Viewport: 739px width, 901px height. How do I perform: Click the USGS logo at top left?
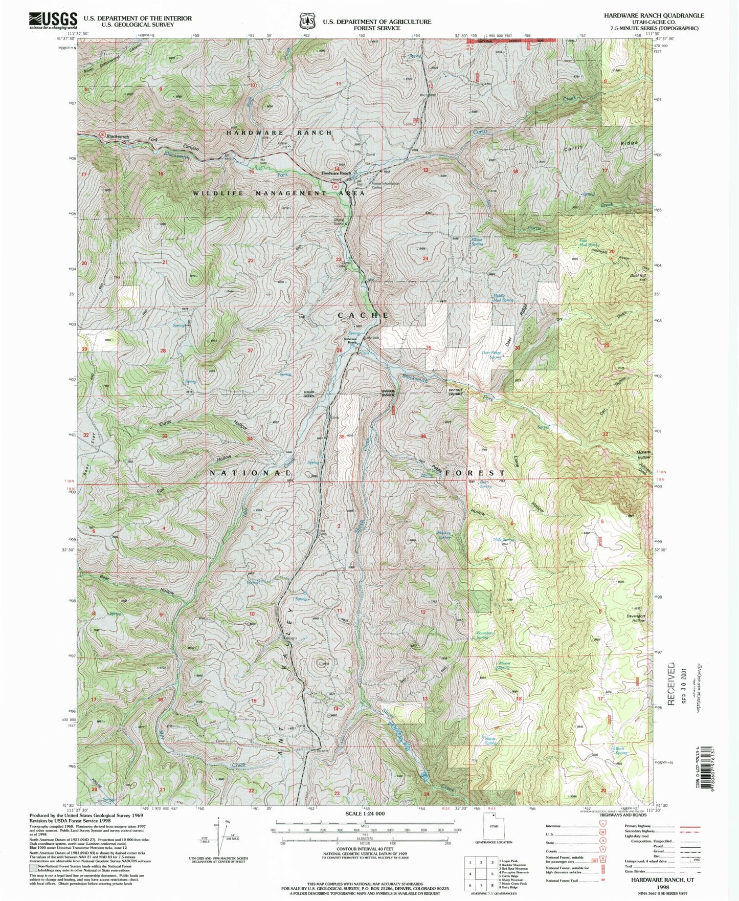(53, 19)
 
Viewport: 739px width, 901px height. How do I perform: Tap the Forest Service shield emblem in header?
(307, 21)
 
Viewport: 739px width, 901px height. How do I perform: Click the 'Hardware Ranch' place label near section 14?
(336, 173)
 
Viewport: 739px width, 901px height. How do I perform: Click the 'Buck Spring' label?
(620, 751)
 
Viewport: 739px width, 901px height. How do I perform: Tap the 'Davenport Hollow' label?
(637, 618)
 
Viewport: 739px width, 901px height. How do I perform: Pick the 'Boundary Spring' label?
(484, 635)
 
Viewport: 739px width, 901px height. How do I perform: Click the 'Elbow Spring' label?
(477, 241)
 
